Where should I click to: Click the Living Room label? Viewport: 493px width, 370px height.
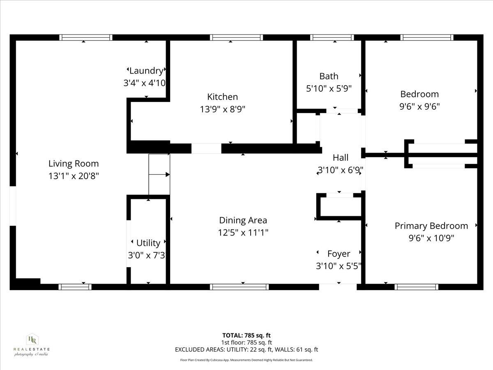click(x=74, y=164)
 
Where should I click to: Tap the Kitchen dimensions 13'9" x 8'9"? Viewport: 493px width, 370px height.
click(x=222, y=109)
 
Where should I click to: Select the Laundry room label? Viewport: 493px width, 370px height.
click(x=146, y=71)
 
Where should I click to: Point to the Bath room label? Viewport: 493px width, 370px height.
click(x=329, y=76)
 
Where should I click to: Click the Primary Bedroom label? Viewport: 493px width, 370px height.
click(x=431, y=226)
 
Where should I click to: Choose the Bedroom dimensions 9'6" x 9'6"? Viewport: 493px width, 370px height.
click(x=419, y=106)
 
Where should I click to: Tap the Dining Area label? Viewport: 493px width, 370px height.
click(x=243, y=220)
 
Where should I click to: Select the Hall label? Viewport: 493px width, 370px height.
click(x=341, y=157)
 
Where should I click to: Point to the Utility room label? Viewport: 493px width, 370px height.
click(x=148, y=243)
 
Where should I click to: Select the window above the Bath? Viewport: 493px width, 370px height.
click(x=332, y=37)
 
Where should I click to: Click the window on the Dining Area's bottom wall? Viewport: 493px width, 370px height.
click(x=239, y=287)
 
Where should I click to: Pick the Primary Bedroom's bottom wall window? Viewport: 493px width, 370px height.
click(x=416, y=287)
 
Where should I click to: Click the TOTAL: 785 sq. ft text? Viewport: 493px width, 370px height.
click(x=246, y=335)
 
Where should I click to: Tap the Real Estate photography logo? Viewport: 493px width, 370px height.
click(x=32, y=345)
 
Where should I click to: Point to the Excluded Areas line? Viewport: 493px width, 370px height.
click(x=246, y=350)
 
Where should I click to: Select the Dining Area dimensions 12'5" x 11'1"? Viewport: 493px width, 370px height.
click(x=243, y=233)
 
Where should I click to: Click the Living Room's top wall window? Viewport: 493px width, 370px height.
click(x=85, y=37)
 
